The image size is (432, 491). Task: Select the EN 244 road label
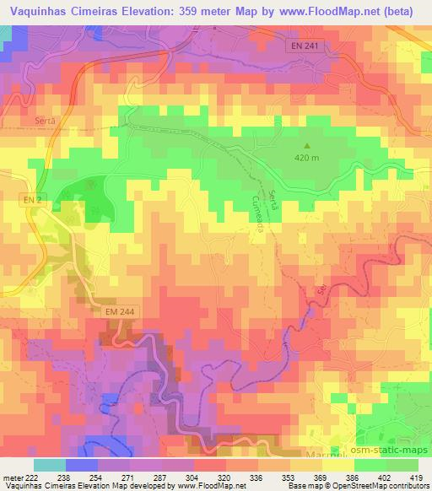[x=120, y=312]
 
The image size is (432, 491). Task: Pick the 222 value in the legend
[x=30, y=477]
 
